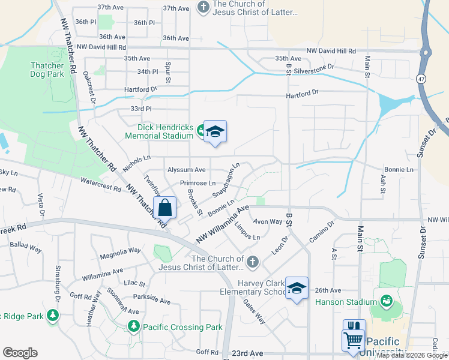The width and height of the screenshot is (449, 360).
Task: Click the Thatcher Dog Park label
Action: coord(47,70)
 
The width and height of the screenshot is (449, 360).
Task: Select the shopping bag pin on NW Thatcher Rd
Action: coord(165,208)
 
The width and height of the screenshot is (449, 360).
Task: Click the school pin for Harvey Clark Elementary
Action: coord(297,288)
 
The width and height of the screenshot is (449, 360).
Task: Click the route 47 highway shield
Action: coord(423,79)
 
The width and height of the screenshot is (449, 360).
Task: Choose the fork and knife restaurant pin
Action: coord(354,328)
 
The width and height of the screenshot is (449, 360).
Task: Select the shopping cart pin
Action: coord(352,341)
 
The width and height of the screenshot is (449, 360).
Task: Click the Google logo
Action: coord(20,353)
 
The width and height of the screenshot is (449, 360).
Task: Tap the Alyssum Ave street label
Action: coord(186,170)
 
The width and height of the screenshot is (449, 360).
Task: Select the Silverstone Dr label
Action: coord(314,67)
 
